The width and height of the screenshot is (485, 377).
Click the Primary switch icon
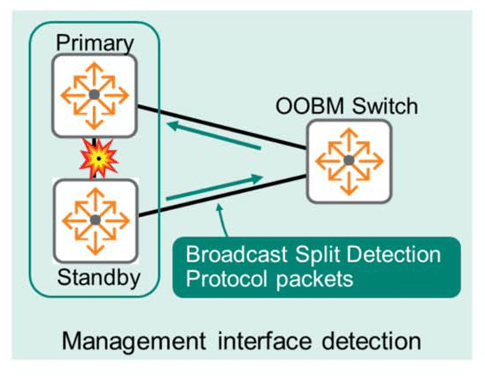coord(94,95)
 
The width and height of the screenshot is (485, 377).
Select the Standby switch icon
coord(95,221)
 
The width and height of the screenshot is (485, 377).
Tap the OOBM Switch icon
coord(349,160)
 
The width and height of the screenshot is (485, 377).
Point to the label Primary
coord(95,42)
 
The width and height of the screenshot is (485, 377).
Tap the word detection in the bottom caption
coord(373,341)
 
